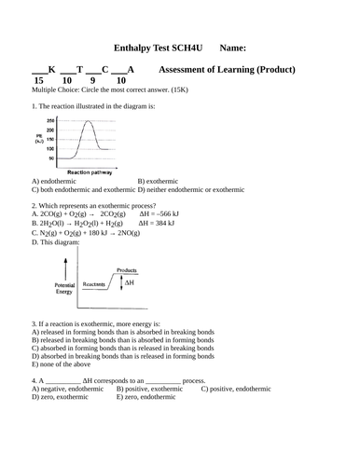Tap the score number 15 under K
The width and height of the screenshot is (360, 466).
point(38,81)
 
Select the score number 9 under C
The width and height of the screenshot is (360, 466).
point(104,81)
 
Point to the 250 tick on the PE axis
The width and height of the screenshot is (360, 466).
point(51,121)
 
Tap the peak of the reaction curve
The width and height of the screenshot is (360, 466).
point(89,122)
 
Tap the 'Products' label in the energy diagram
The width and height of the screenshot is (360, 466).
point(127,271)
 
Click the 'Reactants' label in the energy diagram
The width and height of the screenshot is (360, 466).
point(93,282)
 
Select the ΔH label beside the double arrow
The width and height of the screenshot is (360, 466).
point(143,281)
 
